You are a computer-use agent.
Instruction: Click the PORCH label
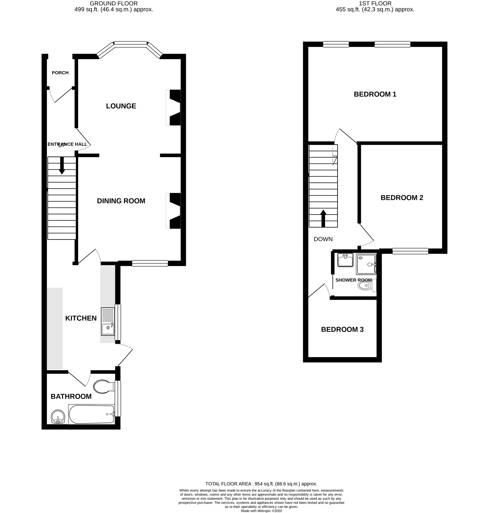pos(60,73)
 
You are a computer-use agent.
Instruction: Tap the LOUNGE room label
pos(121,106)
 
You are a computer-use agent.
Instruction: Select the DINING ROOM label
pos(121,201)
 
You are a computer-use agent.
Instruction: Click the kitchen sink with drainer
pos(108,321)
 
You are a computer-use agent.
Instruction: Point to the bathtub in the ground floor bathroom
pos(92,414)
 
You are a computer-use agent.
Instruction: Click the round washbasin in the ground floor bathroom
pos(58,417)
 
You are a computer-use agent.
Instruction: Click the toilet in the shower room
pos(366,286)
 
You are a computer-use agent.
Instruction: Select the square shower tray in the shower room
pos(366,264)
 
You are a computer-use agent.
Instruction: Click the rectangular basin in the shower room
pos(345,260)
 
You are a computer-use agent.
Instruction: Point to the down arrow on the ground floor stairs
pos(62,166)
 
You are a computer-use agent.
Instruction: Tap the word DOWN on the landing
pos(323,239)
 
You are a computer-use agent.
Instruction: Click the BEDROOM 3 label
pos(342,329)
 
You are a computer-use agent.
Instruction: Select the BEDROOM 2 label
pos(402,198)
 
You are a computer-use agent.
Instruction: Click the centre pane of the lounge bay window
pos(131,44)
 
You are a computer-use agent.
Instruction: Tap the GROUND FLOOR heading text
pos(114,3)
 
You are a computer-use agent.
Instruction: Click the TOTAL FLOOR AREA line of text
pos(261,491)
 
